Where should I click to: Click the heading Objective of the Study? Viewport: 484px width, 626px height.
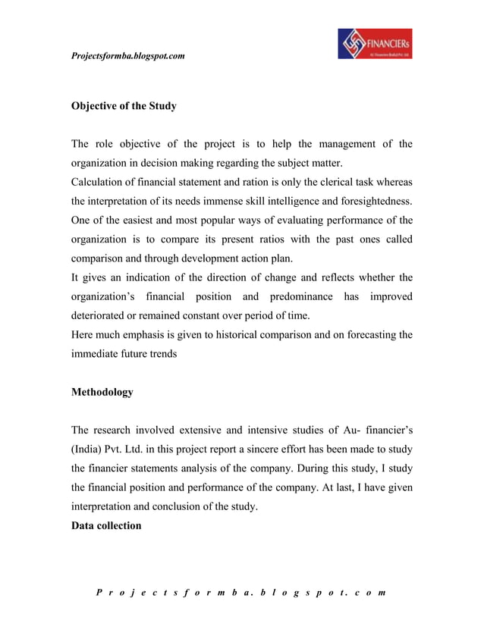(124, 106)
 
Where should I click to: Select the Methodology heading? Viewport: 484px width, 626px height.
(102, 392)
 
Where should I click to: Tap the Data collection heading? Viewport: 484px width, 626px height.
(106, 525)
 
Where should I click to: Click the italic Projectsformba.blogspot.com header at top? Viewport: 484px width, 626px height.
(127, 56)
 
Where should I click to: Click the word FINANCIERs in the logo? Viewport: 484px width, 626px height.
(389, 42)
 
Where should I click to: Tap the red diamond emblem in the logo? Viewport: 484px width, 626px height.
(354, 45)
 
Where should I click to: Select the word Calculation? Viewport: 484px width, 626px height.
(99, 183)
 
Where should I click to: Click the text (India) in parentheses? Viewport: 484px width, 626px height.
(88, 449)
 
